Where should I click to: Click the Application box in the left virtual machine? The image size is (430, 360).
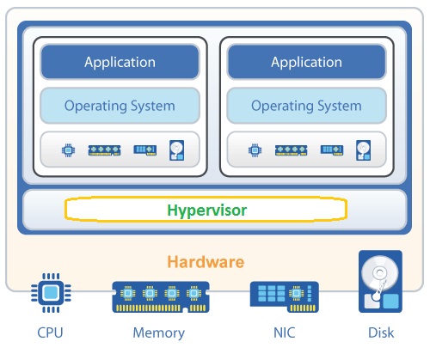[120, 62]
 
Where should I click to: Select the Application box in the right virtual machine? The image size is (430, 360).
[306, 62]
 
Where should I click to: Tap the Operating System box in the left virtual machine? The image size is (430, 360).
[120, 106]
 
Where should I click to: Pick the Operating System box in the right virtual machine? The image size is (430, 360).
[306, 106]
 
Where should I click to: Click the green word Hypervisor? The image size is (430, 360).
[206, 211]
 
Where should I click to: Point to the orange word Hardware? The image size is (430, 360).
[206, 262]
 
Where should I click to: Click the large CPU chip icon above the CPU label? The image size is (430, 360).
[51, 293]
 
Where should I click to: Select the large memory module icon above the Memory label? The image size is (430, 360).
[161, 297]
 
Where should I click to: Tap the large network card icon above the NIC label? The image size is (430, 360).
[285, 297]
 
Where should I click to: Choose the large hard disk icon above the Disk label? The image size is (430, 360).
[380, 281]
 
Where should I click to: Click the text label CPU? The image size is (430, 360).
[50, 333]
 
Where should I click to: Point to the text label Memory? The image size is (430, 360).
[159, 333]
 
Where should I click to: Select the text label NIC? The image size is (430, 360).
[285, 333]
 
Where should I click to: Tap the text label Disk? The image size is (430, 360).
[381, 333]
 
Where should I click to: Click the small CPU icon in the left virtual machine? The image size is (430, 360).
[68, 150]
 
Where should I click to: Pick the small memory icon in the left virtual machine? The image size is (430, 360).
[104, 150]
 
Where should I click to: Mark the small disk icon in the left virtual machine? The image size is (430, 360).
[176, 150]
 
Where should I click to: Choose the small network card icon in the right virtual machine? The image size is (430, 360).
[332, 150]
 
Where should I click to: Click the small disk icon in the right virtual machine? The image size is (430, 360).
[363, 150]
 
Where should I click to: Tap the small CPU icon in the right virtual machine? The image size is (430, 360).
[255, 150]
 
